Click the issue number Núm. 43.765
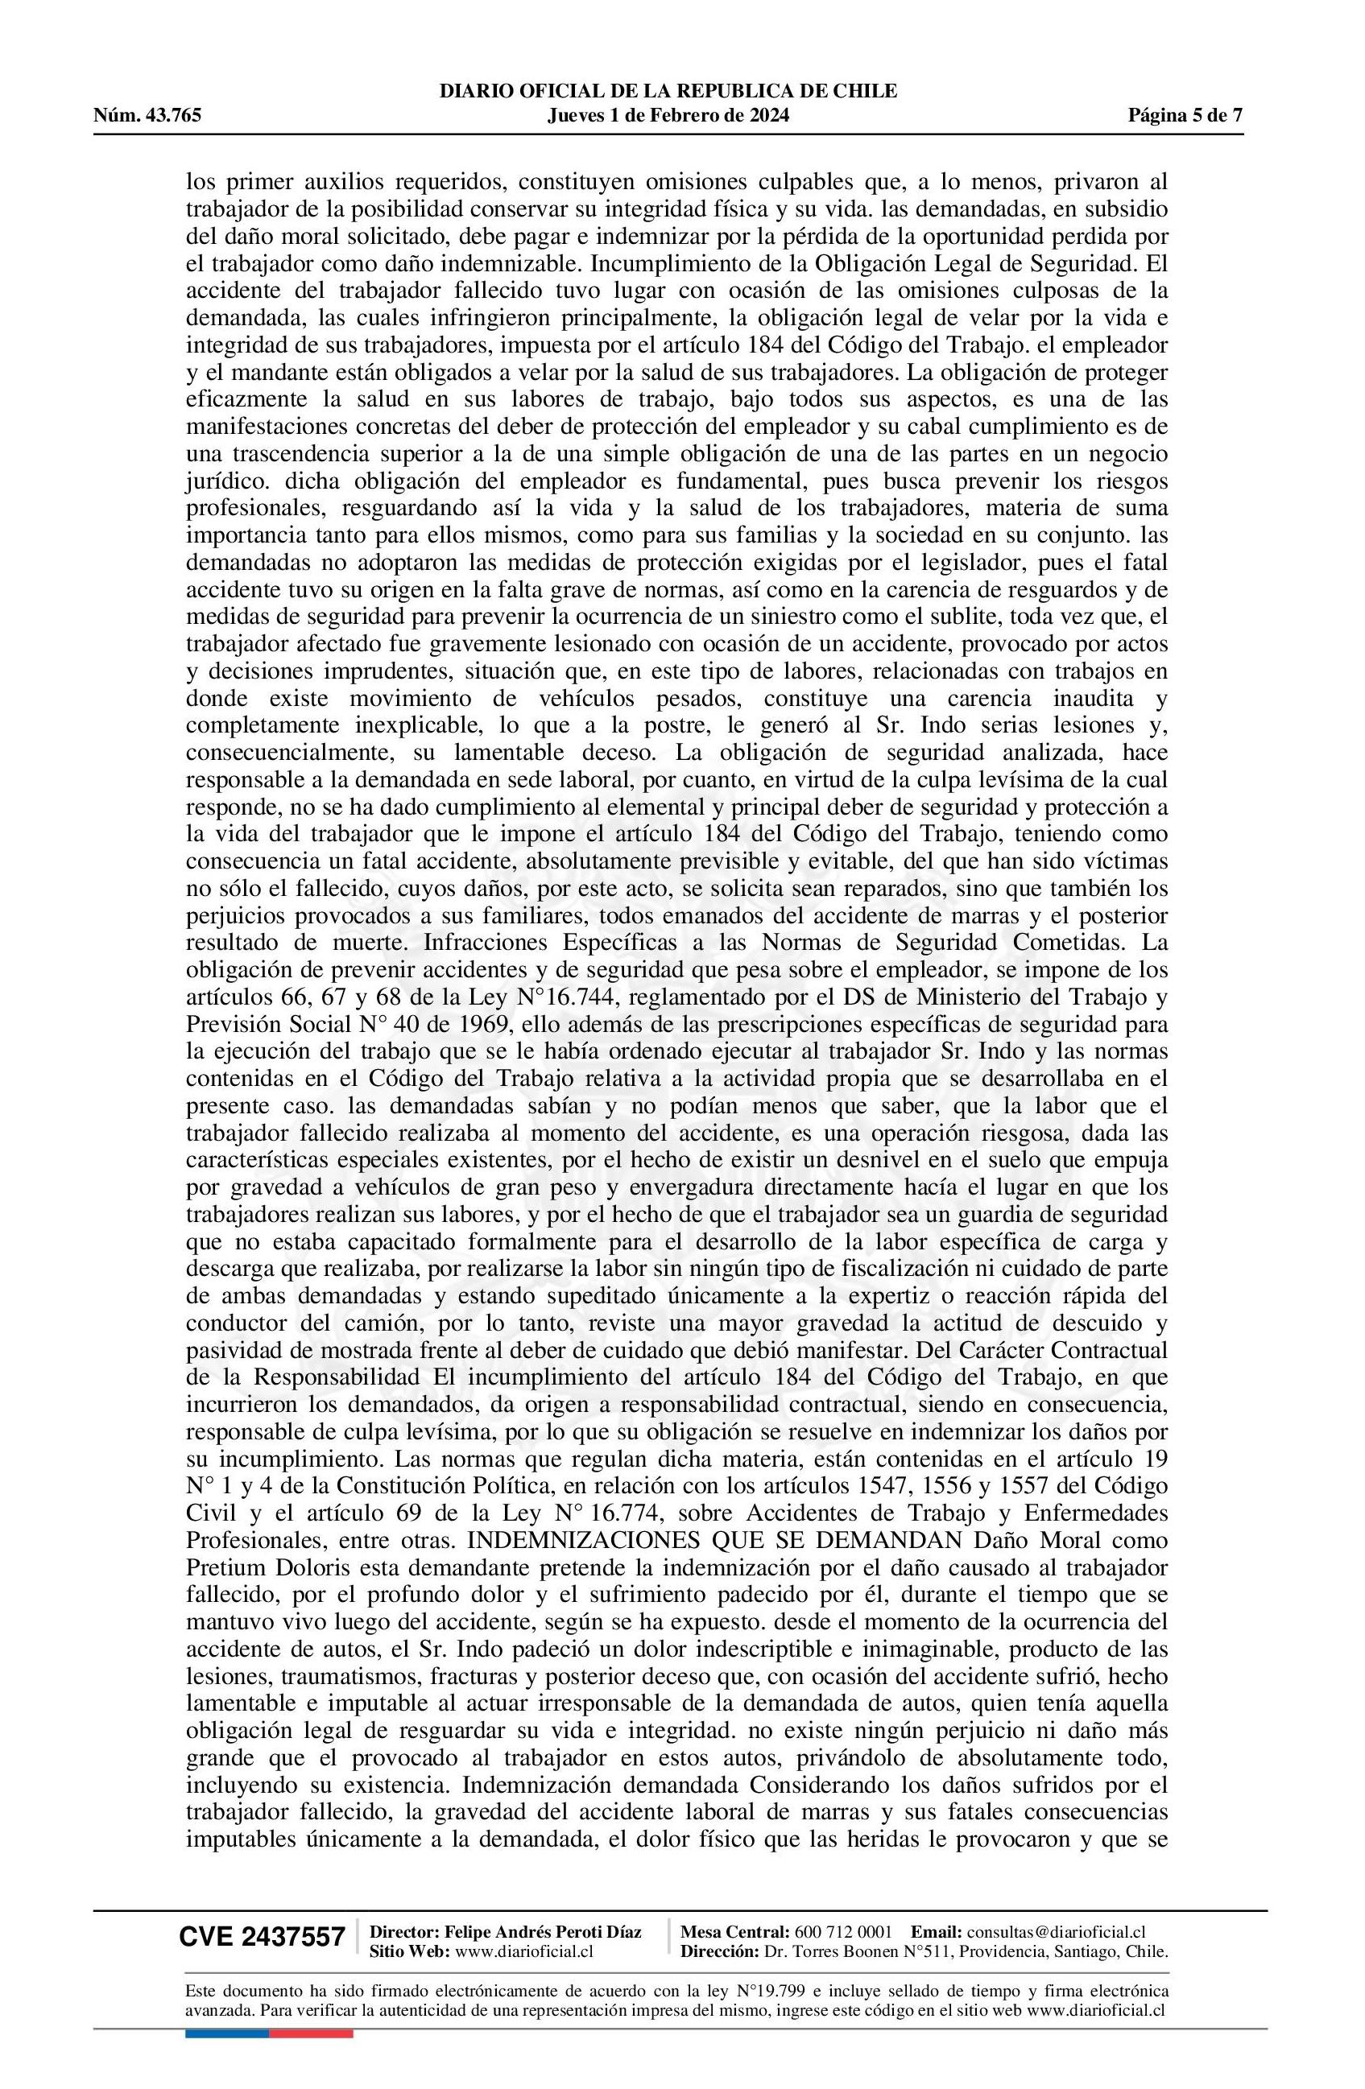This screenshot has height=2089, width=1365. (x=147, y=115)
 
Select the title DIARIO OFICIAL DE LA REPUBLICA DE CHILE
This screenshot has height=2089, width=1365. (x=667, y=90)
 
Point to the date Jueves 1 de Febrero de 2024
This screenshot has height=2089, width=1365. (x=667, y=115)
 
